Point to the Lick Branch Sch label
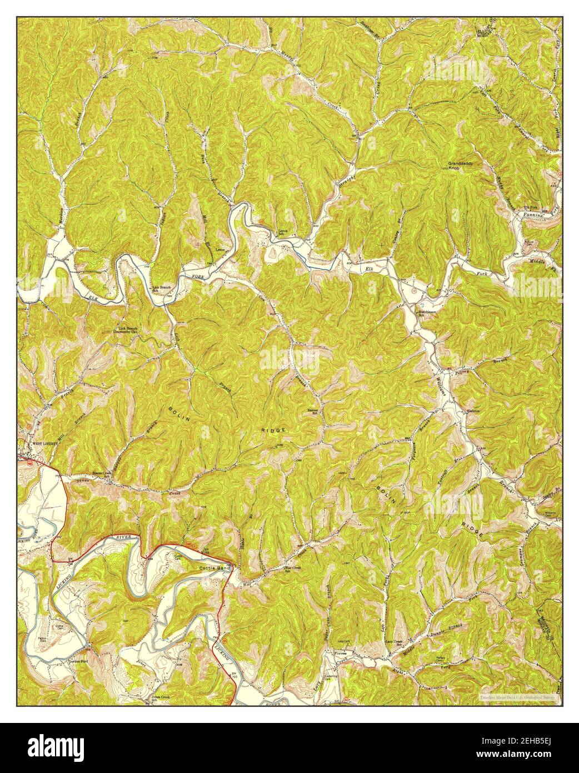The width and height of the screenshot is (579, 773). (x=162, y=289)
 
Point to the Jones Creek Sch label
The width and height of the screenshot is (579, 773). (x=153, y=697)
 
